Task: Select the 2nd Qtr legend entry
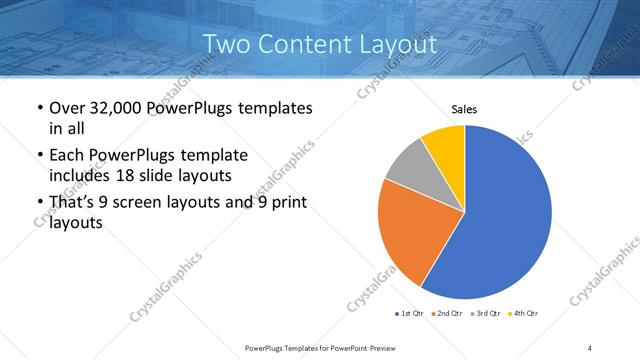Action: pos(448,314)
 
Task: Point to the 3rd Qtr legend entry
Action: pos(486,314)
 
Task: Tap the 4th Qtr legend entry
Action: pos(525,314)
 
